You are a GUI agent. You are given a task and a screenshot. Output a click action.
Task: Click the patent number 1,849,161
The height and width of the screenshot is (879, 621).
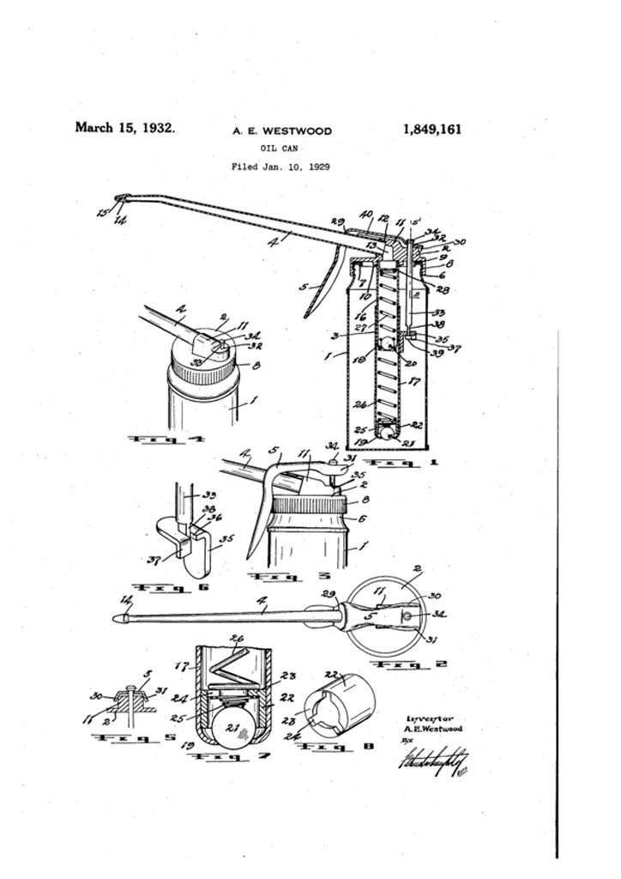click(431, 130)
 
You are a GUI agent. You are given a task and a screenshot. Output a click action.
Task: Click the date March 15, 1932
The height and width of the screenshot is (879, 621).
click(125, 128)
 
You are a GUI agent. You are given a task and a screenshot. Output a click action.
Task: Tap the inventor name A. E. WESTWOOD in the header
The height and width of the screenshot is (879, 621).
click(282, 131)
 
